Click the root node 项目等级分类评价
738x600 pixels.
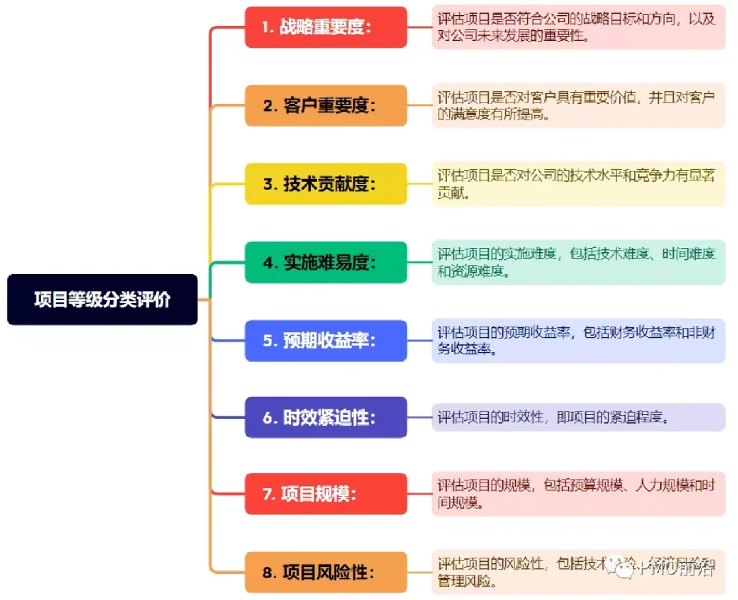tap(102, 299)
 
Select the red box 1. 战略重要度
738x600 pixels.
tap(326, 27)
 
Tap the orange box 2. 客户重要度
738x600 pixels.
tap(326, 105)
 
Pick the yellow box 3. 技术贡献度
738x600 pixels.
tap(326, 184)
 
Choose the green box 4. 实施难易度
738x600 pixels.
tap(326, 262)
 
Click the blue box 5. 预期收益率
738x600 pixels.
tap(326, 340)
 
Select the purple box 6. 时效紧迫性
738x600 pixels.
tap(326, 417)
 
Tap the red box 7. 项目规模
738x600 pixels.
tap(326, 494)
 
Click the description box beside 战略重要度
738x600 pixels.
tap(578, 27)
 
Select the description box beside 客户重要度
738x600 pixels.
tap(578, 106)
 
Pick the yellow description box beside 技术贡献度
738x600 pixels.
tap(578, 184)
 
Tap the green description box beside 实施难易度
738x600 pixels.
tap(578, 262)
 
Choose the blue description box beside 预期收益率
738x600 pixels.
tap(578, 340)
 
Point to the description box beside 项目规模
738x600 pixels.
tap(578, 494)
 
